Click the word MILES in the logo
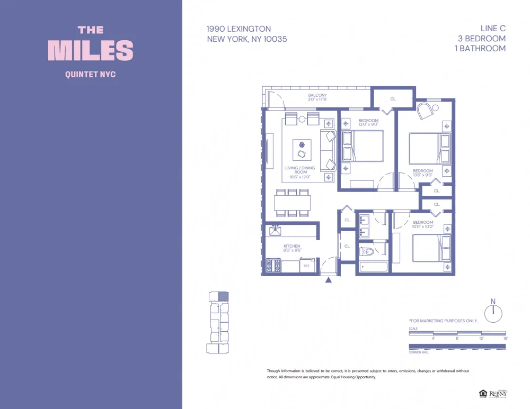coord(91,50)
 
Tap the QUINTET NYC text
coord(90,75)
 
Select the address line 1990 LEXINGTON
coord(239,29)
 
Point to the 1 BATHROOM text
coord(480,48)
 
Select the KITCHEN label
coord(291,248)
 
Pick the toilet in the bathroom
coord(366,251)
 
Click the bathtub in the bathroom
coord(374,267)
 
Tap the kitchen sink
coord(275,230)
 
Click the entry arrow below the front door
coord(329,279)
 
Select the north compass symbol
coord(493,312)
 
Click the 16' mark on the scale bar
coord(505,338)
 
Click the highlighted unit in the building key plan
coord(224,296)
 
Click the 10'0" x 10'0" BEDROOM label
coord(423,224)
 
